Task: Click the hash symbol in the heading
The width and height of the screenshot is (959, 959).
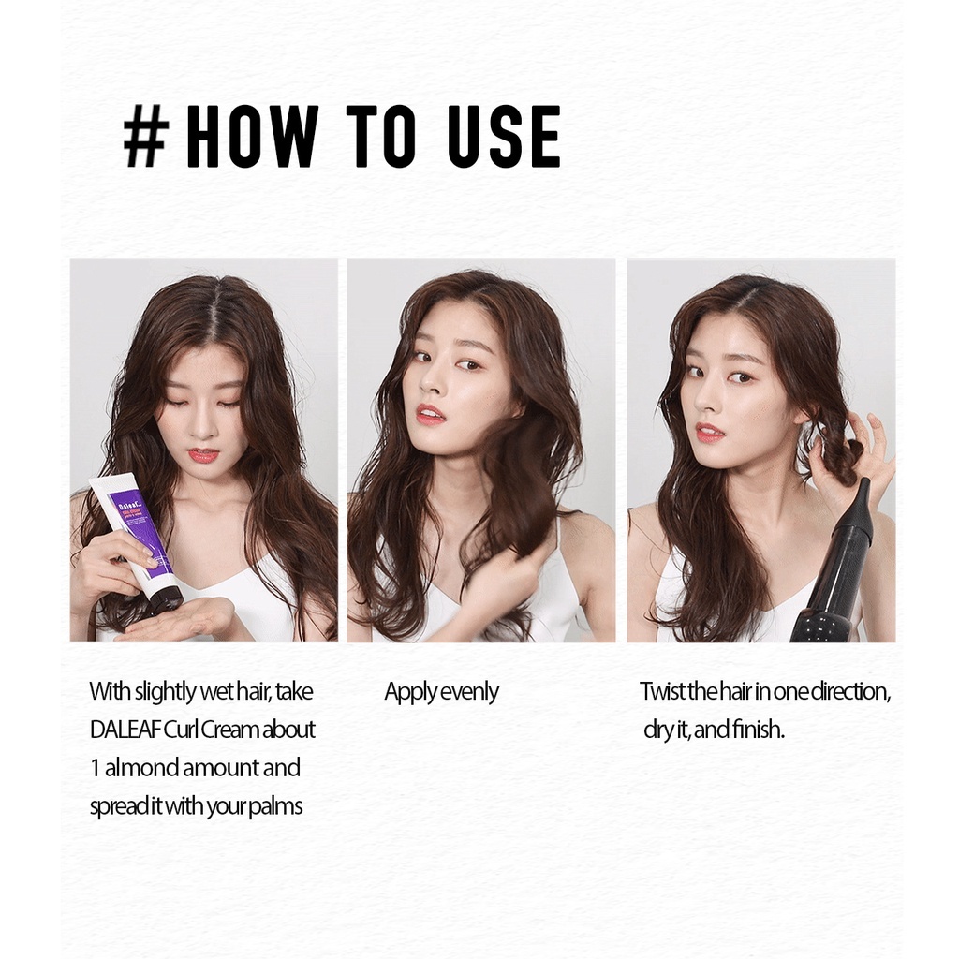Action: tap(147, 137)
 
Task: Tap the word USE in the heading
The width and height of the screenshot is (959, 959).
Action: tap(505, 137)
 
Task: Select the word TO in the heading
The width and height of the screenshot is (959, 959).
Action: tap(381, 137)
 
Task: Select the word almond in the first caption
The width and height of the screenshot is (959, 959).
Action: tap(142, 768)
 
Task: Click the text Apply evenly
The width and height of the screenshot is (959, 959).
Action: tap(442, 693)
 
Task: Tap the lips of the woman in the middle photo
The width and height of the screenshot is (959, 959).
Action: tap(431, 415)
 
